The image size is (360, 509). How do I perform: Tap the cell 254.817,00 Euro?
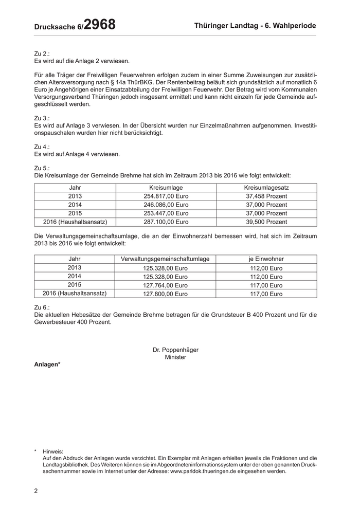pos(166,196)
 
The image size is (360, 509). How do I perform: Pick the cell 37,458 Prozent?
pos(266,196)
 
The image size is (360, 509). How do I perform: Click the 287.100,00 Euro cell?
pos(166,222)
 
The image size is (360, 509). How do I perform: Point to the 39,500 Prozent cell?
pos(266,222)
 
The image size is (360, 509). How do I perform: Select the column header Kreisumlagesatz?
pos(266,188)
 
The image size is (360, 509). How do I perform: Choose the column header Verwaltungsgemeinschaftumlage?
pos(165,259)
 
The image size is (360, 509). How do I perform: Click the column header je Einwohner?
pos(266,259)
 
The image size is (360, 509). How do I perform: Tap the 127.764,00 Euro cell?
pos(165,285)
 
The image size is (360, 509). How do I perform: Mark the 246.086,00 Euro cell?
pos(166,205)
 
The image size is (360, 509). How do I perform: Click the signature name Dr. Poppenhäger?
pos(175,350)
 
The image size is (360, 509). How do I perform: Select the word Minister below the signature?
pos(175,357)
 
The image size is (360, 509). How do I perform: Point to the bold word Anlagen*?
pos(47,365)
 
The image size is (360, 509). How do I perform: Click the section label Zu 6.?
pos(42,307)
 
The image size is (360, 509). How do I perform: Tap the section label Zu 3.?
pos(42,118)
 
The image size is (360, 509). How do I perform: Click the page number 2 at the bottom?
pos(36,490)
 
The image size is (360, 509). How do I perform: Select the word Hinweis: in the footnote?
pos(53,451)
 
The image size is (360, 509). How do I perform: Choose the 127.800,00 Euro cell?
pos(165,294)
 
